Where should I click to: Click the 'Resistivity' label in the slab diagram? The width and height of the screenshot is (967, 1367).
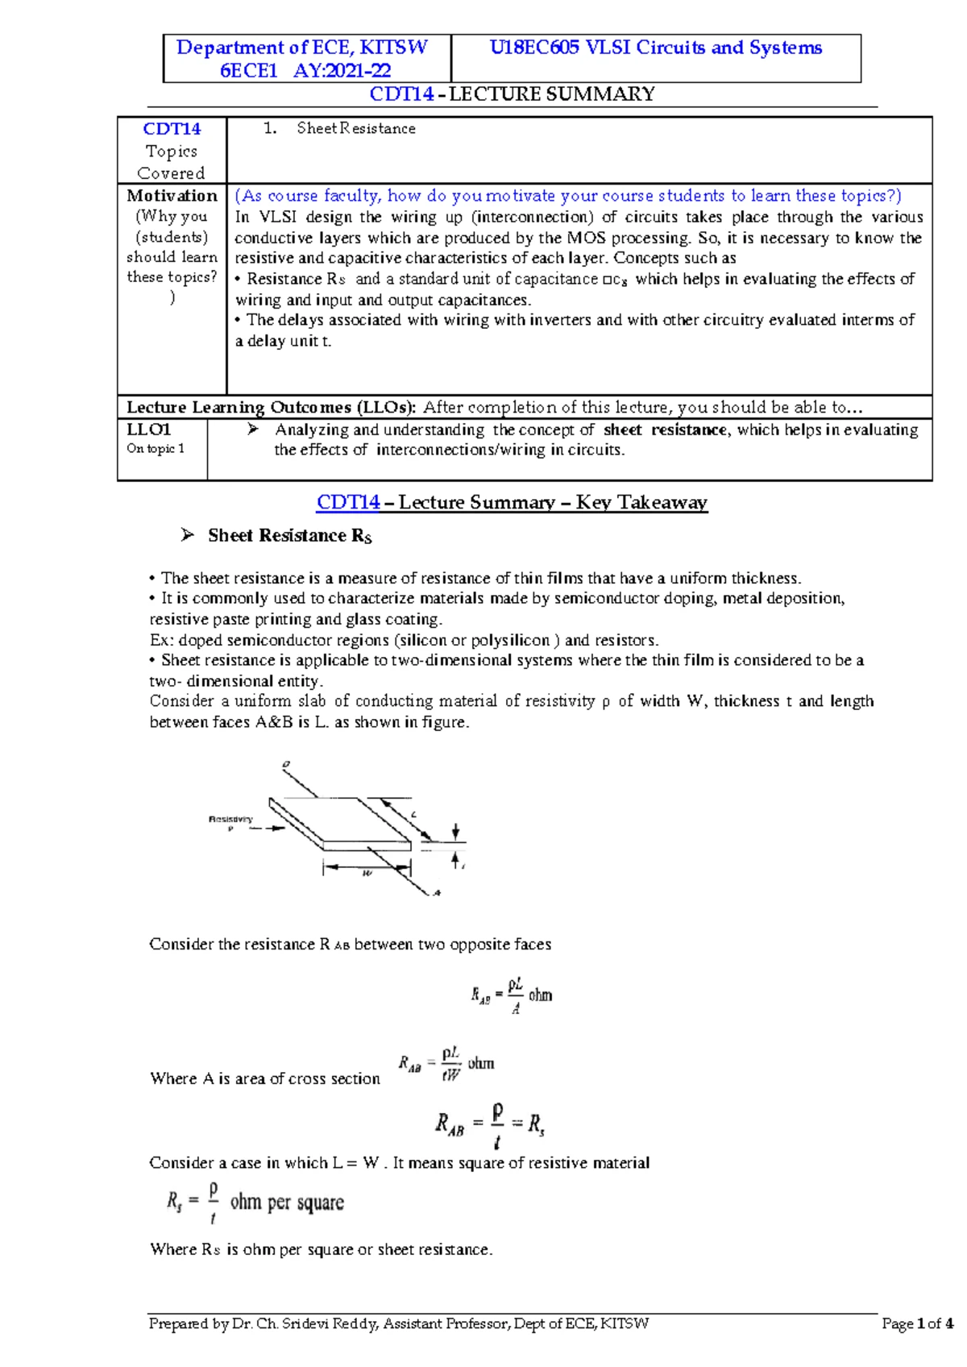230,819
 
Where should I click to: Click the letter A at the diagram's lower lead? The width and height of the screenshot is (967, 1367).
437,893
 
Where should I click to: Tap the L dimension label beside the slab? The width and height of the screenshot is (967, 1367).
414,815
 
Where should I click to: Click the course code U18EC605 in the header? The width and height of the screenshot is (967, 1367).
535,48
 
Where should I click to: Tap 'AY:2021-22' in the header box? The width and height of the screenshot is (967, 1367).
342,71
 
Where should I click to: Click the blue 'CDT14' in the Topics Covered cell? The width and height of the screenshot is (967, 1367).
172,129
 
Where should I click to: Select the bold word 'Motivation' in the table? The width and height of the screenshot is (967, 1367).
172,196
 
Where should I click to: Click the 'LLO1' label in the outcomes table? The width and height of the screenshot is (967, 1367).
149,430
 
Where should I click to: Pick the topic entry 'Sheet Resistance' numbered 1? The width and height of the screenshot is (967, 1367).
355,128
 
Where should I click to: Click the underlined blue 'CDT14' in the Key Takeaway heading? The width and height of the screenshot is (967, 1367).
348,502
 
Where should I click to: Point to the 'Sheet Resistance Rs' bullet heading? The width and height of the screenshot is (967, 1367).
289,536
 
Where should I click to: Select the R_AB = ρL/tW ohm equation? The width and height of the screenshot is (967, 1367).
446,1064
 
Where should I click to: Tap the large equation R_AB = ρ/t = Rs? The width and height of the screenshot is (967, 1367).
490,1124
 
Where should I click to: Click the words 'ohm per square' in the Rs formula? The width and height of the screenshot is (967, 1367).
287,1203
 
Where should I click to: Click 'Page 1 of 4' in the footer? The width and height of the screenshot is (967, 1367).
917,1323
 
